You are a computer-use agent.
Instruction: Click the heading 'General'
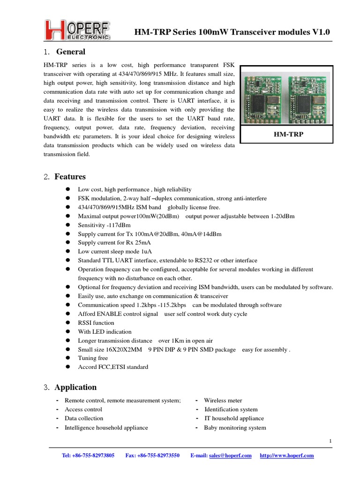[x=71, y=52]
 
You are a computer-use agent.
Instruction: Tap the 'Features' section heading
[x=70, y=177]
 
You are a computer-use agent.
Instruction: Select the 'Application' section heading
[x=75, y=387]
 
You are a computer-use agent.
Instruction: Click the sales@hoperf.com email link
[x=230, y=456]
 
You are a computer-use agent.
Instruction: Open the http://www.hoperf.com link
[x=287, y=456]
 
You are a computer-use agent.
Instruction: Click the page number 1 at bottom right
[x=330, y=441]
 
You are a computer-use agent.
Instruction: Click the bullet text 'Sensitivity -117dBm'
[x=104, y=225]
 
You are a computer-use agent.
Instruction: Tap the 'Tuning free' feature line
[x=93, y=358]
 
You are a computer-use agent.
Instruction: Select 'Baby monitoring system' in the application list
[x=235, y=427]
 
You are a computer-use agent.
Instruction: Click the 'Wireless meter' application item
[x=223, y=400]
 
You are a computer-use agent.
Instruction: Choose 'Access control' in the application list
[x=83, y=409]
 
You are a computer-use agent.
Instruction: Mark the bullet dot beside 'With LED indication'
[x=68, y=331]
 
